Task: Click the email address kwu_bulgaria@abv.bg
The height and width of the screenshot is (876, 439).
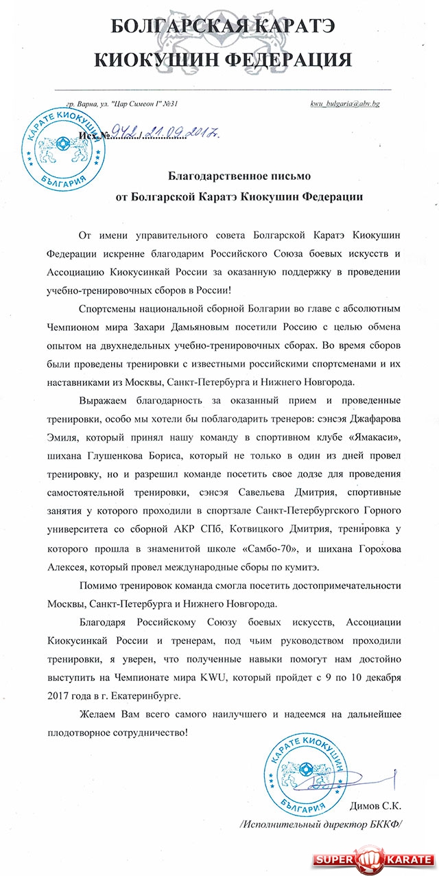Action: click(x=345, y=104)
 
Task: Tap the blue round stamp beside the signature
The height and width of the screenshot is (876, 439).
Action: click(x=305, y=765)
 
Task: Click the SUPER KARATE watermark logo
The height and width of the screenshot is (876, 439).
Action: click(x=374, y=859)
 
